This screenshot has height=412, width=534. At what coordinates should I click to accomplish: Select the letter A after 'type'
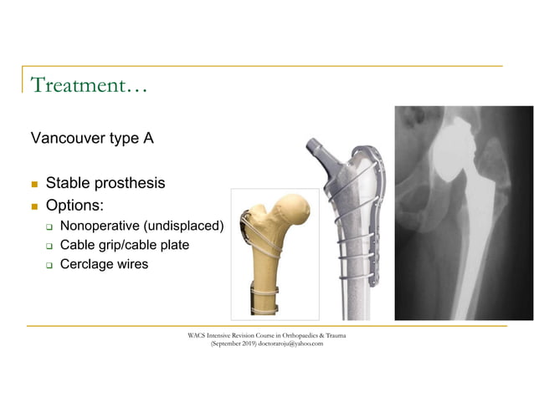click(148, 138)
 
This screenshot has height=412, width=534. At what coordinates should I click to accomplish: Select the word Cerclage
click(89, 265)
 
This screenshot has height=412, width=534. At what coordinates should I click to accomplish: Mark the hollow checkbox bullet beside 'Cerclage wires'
click(49, 266)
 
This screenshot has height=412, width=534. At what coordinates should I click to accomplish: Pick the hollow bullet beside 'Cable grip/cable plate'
click(49, 246)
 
